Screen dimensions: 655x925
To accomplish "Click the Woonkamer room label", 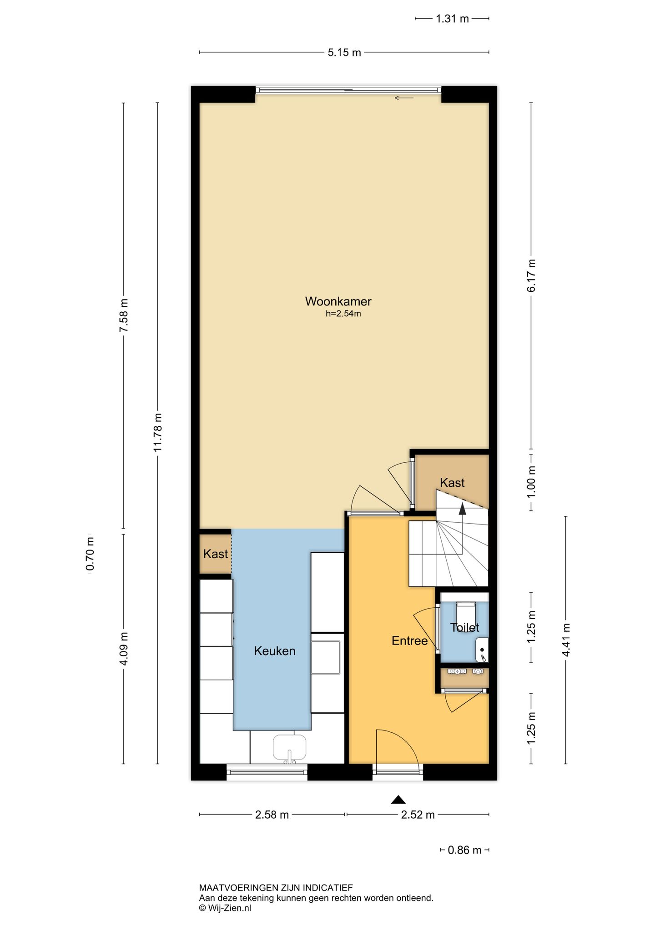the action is [338, 301].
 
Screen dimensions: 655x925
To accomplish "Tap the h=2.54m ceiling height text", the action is [343, 314].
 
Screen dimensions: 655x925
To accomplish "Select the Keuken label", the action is [275, 651].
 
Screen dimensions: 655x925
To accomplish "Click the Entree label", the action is [409, 640].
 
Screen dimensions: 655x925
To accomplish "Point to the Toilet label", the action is [464, 628].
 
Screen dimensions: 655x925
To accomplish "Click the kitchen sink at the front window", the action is [289, 748].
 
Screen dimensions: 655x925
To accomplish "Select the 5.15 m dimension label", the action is [344, 53].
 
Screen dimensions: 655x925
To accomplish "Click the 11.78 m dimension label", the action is [157, 432].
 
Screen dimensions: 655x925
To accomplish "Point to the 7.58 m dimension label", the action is [123, 315].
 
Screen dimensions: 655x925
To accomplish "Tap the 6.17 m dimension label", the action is [531, 275].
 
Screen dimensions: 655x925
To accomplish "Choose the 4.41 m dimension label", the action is [566, 640].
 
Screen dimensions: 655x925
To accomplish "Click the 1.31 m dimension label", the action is [452, 19].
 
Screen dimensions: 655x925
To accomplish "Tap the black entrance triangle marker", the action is [398, 800].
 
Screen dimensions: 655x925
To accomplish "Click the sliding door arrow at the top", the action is [404, 98].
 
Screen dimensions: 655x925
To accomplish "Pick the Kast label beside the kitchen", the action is [216, 554].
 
